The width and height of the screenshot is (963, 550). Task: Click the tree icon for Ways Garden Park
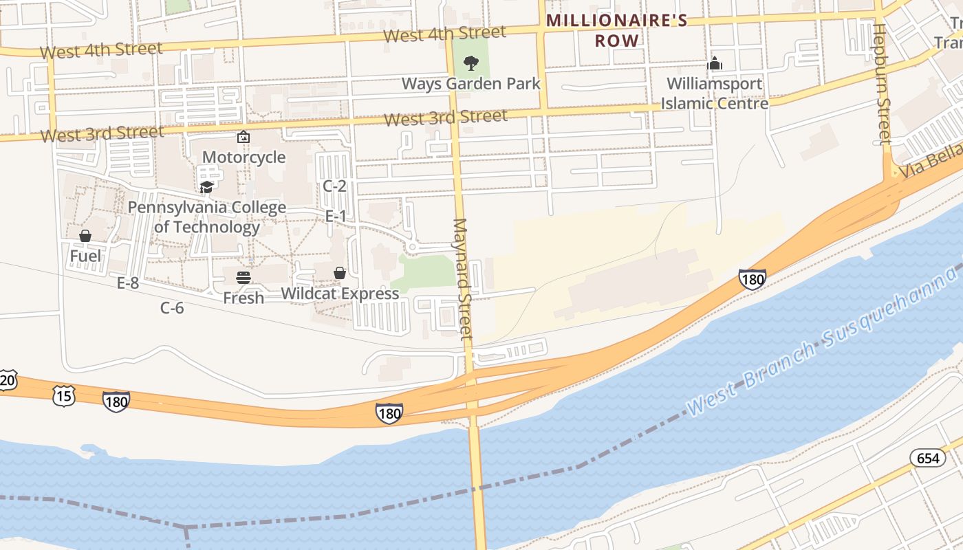pyautogui.click(x=471, y=64)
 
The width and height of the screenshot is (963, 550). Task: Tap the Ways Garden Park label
pyautogui.click(x=471, y=84)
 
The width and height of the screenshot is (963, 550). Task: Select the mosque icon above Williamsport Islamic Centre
pyautogui.click(x=715, y=64)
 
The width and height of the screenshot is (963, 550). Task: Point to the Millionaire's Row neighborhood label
pyautogui.click(x=617, y=30)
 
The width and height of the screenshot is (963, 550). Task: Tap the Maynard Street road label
pyautogui.click(x=462, y=278)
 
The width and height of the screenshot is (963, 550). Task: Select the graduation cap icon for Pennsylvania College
pyautogui.click(x=206, y=187)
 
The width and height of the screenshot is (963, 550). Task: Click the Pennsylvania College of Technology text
pyautogui.click(x=206, y=217)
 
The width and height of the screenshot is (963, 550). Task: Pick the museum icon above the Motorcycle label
pyautogui.click(x=244, y=137)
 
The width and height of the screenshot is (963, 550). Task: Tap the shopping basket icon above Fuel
pyautogui.click(x=85, y=236)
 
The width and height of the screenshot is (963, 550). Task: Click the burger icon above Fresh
pyautogui.click(x=244, y=278)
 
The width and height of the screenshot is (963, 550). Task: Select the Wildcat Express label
pyautogui.click(x=340, y=294)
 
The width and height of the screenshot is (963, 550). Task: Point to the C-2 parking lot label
pyautogui.click(x=334, y=186)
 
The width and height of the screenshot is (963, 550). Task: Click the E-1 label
pyautogui.click(x=336, y=217)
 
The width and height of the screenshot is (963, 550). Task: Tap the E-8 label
pyautogui.click(x=128, y=283)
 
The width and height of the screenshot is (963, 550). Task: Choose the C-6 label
pyautogui.click(x=172, y=308)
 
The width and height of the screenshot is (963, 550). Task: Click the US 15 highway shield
pyautogui.click(x=63, y=395)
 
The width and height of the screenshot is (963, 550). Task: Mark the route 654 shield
pyautogui.click(x=927, y=458)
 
